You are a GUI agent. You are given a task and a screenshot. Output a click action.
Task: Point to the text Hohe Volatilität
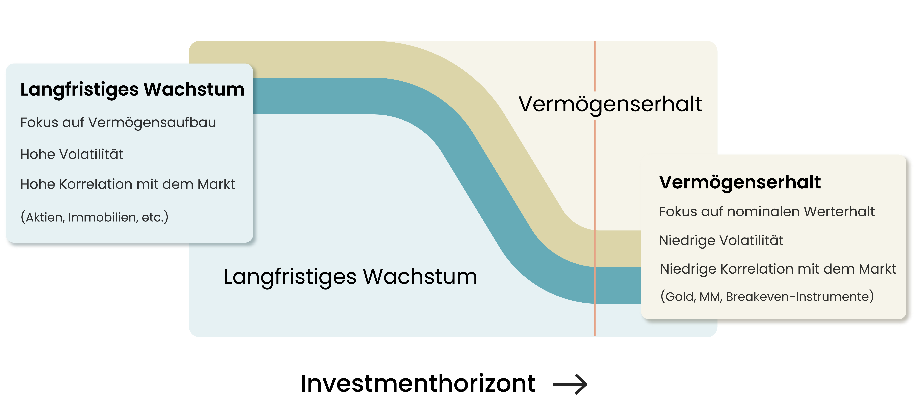[71, 154]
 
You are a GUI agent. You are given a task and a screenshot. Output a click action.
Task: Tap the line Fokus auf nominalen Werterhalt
[766, 212]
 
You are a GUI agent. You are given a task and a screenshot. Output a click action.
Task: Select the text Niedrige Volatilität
[721, 240]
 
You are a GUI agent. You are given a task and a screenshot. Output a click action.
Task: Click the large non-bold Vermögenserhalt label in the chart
[610, 104]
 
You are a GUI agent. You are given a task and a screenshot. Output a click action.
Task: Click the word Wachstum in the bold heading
[194, 89]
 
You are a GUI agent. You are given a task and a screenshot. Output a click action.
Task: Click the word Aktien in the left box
[45, 217]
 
